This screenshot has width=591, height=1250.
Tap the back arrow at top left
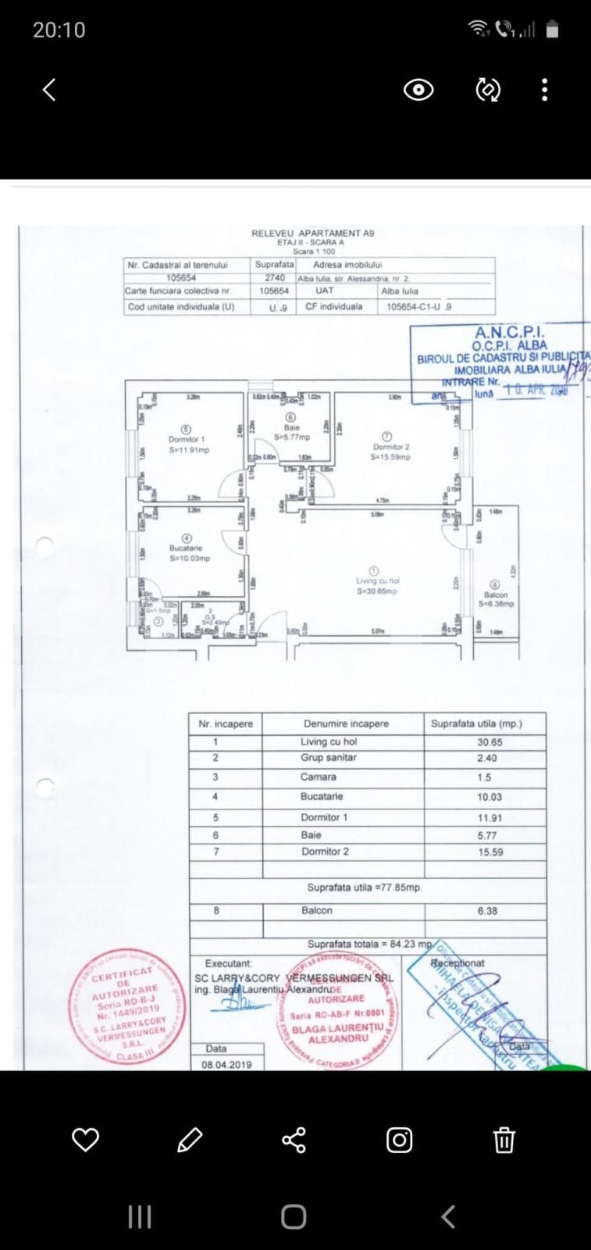(49, 90)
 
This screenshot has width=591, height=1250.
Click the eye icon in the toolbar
(418, 91)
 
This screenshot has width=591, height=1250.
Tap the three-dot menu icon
(544, 90)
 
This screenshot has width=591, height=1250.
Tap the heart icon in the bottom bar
(85, 1140)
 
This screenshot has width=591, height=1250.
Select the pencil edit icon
(190, 1140)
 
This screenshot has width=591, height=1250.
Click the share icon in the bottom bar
(294, 1140)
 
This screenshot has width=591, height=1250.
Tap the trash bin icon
(504, 1140)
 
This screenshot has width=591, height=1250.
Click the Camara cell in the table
(318, 777)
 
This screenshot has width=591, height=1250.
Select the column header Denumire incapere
(346, 723)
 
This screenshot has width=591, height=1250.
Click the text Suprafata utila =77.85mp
(364, 887)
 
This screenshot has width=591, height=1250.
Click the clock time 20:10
(59, 30)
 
